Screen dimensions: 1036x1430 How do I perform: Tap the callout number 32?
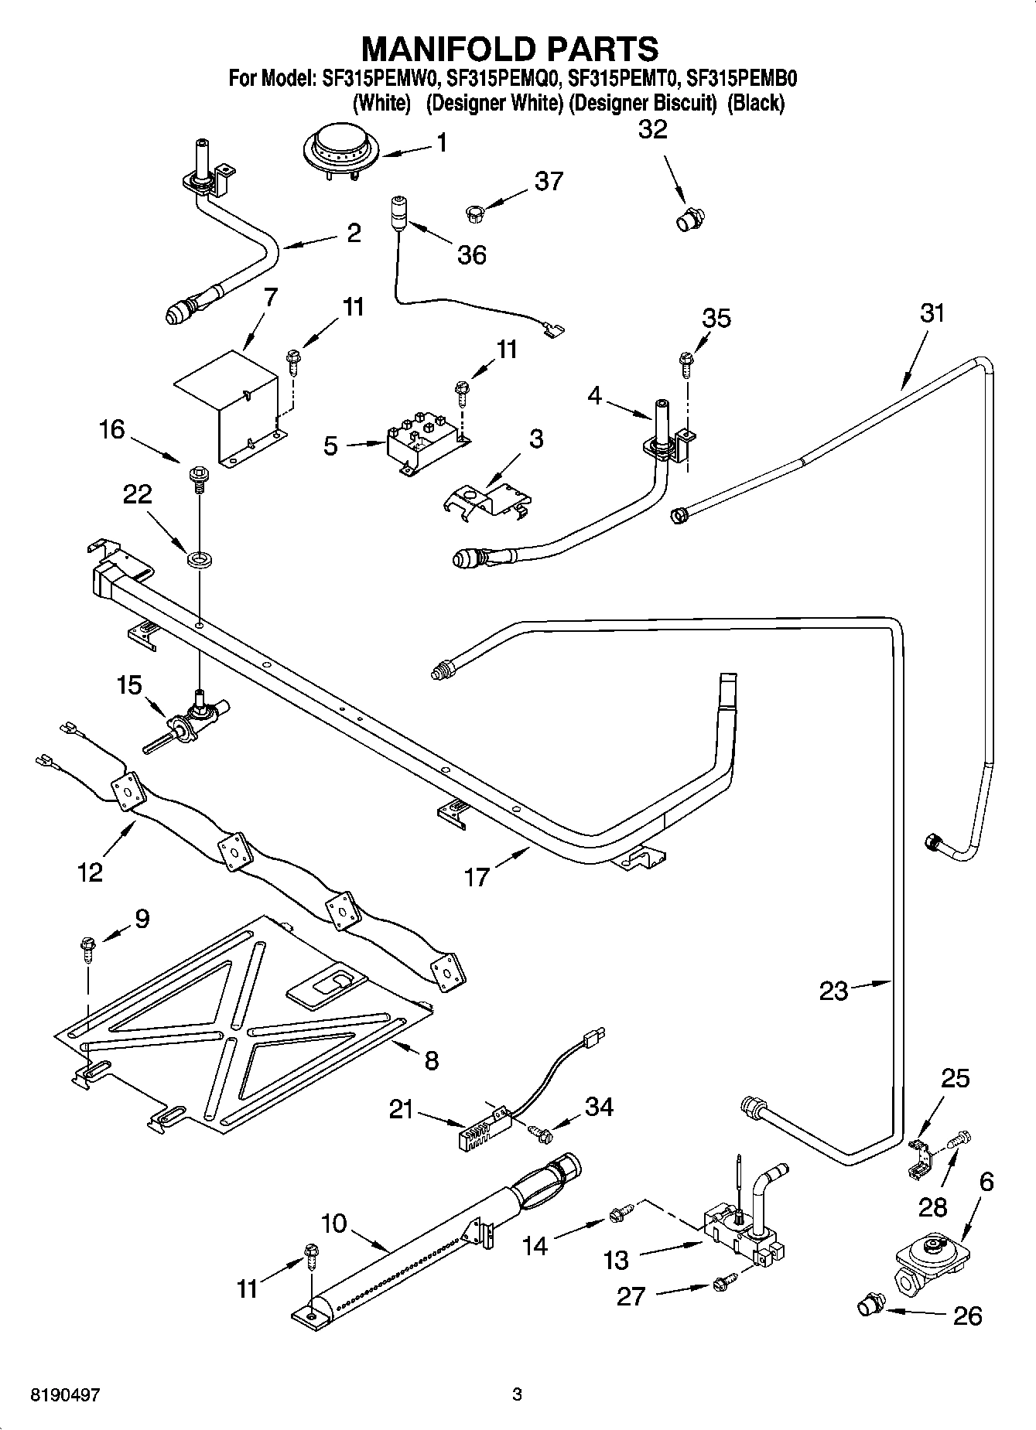[x=652, y=130]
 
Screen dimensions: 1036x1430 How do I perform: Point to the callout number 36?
[x=472, y=254]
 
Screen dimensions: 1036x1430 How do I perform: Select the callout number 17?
[x=477, y=876]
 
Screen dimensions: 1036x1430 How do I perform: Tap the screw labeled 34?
[x=541, y=1133]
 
